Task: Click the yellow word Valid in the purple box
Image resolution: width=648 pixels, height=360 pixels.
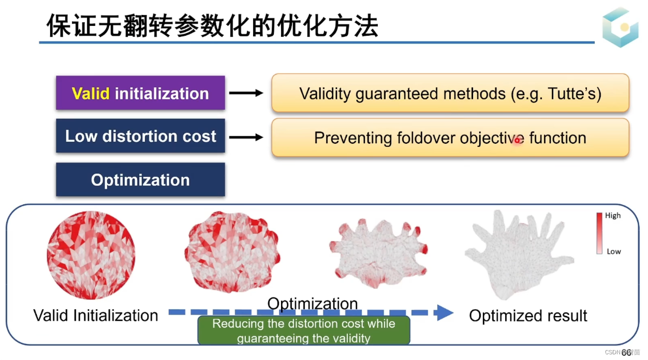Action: (x=91, y=94)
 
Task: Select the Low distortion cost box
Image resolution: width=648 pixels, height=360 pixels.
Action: (x=140, y=136)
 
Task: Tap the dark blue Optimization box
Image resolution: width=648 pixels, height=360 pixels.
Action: (x=140, y=179)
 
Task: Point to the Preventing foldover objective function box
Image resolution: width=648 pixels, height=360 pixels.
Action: (x=450, y=138)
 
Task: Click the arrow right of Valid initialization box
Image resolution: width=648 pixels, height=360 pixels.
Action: (x=246, y=93)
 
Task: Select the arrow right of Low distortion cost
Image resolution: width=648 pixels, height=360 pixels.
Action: (x=246, y=137)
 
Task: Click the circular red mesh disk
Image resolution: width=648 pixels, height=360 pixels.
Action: (x=91, y=256)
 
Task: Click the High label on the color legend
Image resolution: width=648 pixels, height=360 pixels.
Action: (x=613, y=216)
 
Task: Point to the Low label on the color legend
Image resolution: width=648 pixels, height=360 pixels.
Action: (x=613, y=251)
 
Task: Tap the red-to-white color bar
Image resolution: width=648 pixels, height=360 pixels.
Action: (x=599, y=233)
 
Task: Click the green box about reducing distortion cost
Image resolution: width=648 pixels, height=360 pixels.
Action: (x=304, y=331)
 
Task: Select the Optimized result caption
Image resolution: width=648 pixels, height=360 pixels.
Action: (x=528, y=316)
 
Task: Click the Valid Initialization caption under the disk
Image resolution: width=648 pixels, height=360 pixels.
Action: (x=96, y=316)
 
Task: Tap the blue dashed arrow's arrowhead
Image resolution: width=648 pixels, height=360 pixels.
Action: (x=443, y=312)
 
